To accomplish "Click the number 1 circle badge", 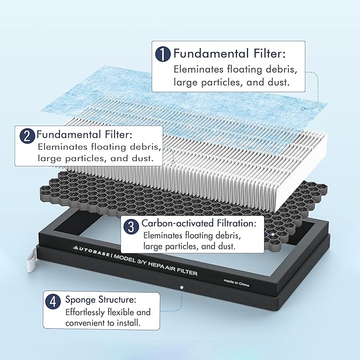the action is [x=163, y=54].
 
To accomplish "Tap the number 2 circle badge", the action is [x=27, y=136].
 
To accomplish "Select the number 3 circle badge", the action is [x=131, y=226].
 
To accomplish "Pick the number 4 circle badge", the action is [x=53, y=302].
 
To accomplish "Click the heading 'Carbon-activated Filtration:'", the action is [x=199, y=223].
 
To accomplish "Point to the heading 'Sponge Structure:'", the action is [x=101, y=300].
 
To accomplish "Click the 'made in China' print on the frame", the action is [x=236, y=283].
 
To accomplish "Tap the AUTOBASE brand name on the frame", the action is [x=91, y=251].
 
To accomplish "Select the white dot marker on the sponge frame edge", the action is [x=182, y=287].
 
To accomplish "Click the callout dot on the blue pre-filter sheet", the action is [x=303, y=109].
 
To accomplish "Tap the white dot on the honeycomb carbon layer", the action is [x=273, y=234].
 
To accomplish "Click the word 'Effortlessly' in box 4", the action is [x=85, y=312].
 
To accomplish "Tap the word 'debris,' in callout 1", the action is [x=281, y=69].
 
